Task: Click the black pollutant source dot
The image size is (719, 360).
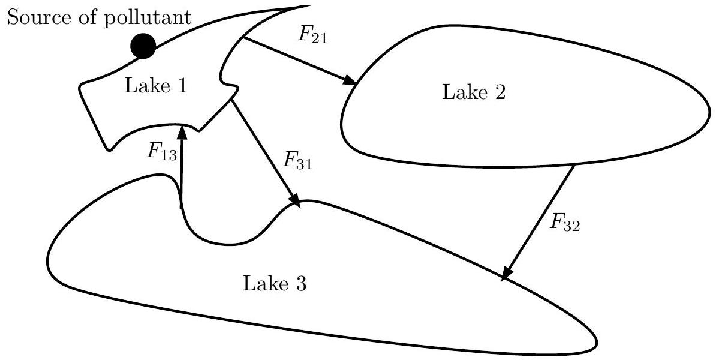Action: [x=143, y=46]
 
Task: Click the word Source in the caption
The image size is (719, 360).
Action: [x=34, y=17]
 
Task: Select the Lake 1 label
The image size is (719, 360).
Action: [x=156, y=86]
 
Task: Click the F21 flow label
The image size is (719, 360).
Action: [x=312, y=34]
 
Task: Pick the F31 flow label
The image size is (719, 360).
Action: [x=296, y=161]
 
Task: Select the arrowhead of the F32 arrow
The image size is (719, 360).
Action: [x=507, y=274]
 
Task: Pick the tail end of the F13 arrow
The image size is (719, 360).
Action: [x=180, y=208]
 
